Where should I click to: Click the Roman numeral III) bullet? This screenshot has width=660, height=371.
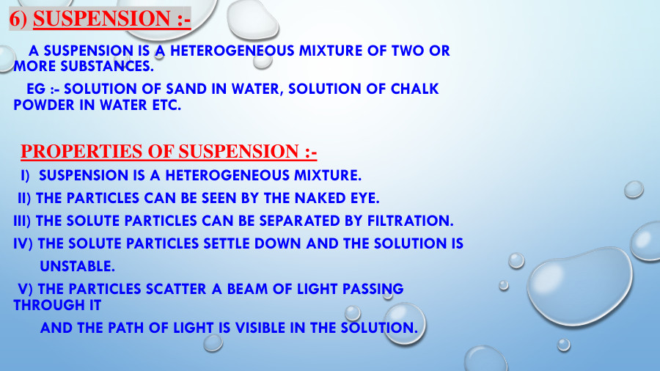coord(23,221)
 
